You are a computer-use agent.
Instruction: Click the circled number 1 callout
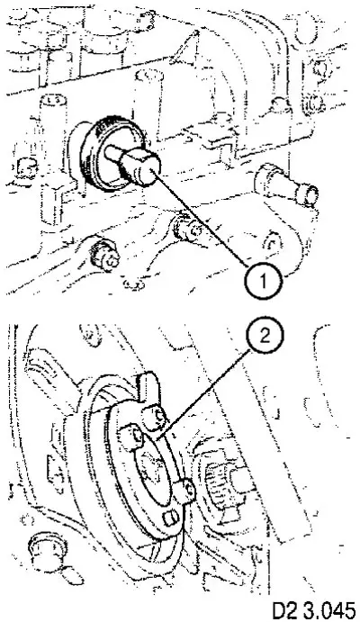(263, 281)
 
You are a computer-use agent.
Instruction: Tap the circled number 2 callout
(265, 337)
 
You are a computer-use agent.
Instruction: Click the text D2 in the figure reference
(286, 610)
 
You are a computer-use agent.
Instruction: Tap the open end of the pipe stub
(309, 194)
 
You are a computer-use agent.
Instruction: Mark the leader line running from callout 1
(200, 217)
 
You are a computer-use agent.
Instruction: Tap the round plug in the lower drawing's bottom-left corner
(49, 548)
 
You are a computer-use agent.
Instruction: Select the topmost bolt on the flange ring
(156, 418)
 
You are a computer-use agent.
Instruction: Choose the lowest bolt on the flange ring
(172, 517)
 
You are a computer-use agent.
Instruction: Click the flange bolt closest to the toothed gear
(187, 489)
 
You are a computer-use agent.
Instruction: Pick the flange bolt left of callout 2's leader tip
(132, 437)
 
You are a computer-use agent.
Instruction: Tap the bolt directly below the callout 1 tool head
(189, 228)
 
